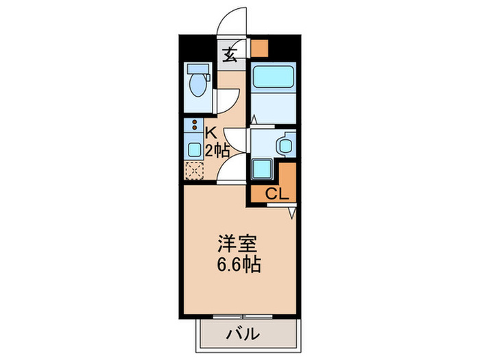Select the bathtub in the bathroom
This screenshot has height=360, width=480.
272,77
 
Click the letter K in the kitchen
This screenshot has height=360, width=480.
211,132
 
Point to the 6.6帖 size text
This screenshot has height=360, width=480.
237,265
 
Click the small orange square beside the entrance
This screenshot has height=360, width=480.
259,48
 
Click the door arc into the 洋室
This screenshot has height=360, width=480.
230,168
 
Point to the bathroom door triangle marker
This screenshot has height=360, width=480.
254,120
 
